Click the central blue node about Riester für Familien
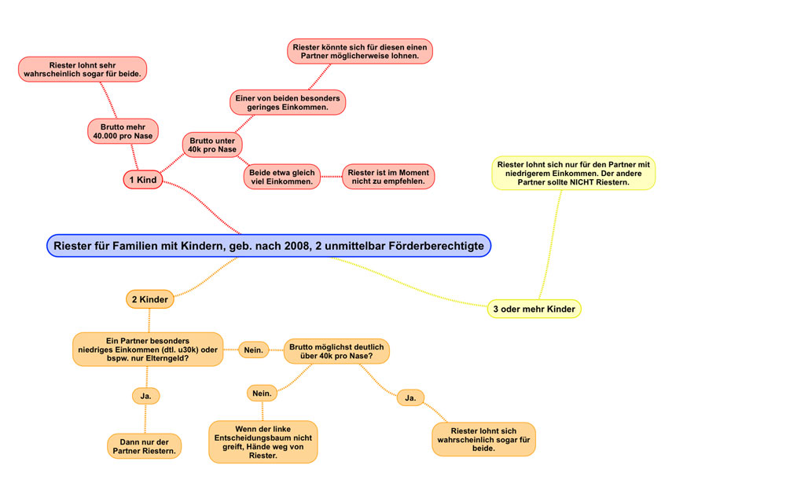click(269, 246)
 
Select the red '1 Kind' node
click(142, 180)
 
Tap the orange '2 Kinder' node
click(149, 299)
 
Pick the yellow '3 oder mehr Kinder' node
click(534, 309)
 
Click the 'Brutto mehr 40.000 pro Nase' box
click(122, 131)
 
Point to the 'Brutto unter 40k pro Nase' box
click(212, 145)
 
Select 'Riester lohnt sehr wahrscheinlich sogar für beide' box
click(83, 69)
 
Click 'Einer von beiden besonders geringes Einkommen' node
click(288, 102)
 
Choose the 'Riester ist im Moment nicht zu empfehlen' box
click(388, 177)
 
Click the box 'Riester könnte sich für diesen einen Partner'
click(360, 52)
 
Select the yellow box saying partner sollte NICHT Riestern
click(574, 174)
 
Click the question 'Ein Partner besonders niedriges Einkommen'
click(148, 350)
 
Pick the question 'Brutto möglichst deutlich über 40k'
click(337, 351)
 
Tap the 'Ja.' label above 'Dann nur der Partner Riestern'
click(145, 396)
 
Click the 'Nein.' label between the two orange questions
click(254, 350)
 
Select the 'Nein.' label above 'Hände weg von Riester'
click(262, 392)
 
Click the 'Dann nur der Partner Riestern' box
click(144, 446)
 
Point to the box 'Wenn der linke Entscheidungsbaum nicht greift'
click(263, 441)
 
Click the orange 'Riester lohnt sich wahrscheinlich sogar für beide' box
click(483, 440)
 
